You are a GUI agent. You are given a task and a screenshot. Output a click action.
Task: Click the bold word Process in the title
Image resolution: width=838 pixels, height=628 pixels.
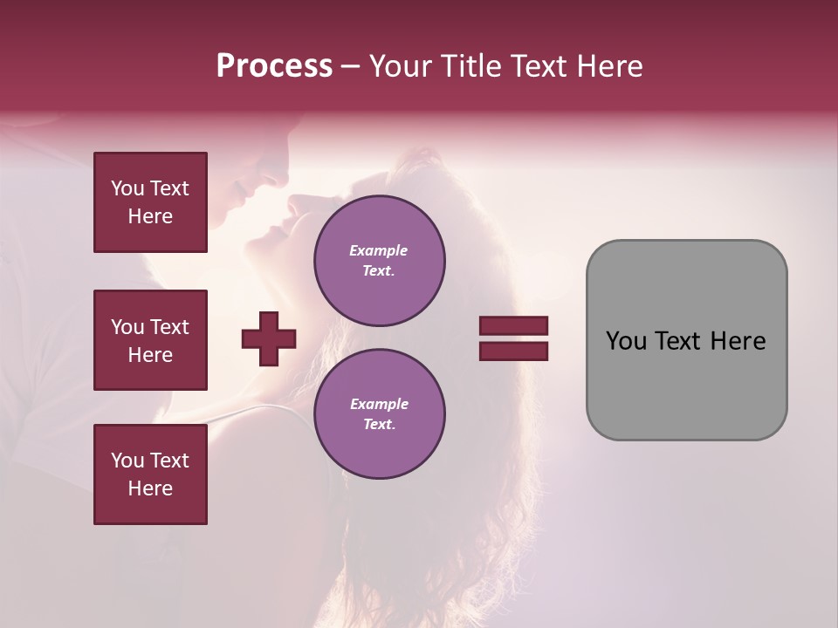(x=274, y=66)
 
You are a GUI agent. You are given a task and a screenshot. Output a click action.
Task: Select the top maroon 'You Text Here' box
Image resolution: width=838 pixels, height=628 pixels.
(x=150, y=202)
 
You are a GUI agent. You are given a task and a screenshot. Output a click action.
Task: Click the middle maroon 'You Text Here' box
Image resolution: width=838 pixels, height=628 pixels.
(x=150, y=340)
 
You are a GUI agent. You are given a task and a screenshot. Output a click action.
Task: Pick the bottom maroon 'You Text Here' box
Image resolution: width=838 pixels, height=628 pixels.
(x=150, y=474)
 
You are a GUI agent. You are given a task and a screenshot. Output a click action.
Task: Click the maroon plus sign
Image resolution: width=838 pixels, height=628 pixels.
(x=269, y=338)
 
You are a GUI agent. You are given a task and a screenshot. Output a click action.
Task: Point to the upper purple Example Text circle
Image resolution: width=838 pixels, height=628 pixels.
(x=379, y=260)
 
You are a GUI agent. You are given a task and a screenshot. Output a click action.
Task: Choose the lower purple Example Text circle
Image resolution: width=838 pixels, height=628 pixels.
(x=379, y=413)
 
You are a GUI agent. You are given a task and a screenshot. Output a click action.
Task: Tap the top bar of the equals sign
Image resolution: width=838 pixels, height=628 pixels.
(x=513, y=326)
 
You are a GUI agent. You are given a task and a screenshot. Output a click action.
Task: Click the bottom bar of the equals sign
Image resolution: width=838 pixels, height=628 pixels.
(x=513, y=351)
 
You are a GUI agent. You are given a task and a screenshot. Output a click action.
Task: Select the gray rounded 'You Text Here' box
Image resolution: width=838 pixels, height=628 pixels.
(x=686, y=340)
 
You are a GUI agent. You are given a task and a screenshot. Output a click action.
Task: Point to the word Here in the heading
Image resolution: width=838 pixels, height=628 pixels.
(x=611, y=66)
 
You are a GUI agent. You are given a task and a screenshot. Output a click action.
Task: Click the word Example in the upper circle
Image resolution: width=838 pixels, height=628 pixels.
(x=379, y=250)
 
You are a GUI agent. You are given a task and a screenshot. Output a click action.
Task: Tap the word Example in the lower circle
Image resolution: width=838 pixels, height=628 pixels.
(x=379, y=404)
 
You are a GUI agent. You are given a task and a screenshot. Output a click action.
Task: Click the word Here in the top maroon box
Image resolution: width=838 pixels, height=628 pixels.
(x=150, y=216)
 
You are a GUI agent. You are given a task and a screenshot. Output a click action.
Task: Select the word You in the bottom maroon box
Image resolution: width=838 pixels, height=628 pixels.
(x=127, y=461)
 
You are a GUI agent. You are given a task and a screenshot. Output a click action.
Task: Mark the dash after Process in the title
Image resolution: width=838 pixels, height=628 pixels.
(x=350, y=67)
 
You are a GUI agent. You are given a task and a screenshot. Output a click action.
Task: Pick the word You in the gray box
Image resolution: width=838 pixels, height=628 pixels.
(x=627, y=341)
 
